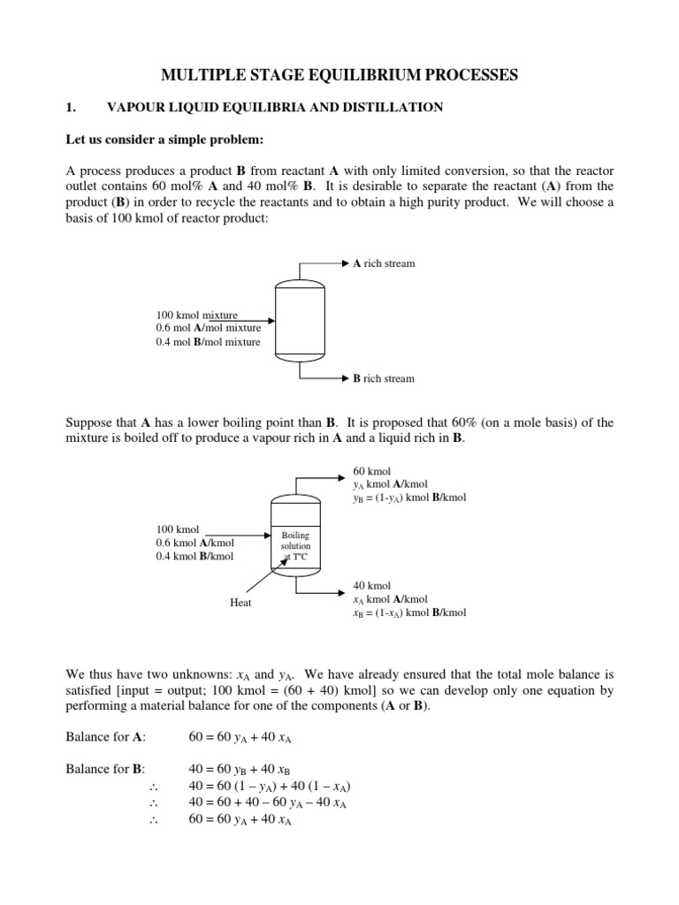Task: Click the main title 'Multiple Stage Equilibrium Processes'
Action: (339, 76)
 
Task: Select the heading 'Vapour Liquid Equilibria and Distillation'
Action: (275, 108)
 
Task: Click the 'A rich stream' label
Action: (384, 263)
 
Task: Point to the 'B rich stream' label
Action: (384, 378)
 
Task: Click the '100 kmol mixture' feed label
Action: (196, 315)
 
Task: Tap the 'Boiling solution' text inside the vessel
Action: (295, 541)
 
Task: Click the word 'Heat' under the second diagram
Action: (240, 603)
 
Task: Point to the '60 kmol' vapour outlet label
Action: (371, 471)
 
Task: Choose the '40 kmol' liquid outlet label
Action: (371, 586)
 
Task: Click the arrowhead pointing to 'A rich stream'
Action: (345, 263)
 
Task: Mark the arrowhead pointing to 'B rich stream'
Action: (345, 378)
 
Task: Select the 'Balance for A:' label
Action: (106, 736)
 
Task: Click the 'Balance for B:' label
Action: (106, 769)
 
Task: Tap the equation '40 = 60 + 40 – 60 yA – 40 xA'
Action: (268, 802)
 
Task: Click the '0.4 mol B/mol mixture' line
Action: (208, 342)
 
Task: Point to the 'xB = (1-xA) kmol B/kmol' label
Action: (409, 612)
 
